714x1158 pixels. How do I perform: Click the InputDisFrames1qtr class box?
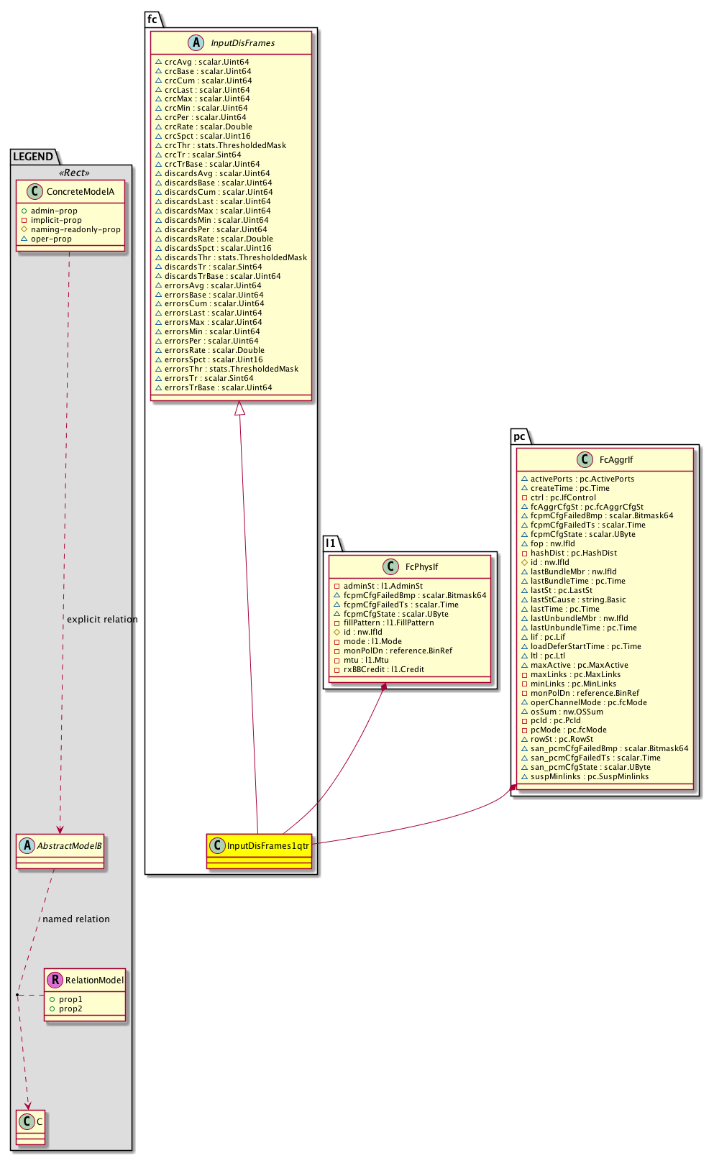coord(259,846)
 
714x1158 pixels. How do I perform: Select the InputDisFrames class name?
coord(242,43)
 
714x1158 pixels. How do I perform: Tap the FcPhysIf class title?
coord(421,567)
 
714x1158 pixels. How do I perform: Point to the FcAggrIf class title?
coord(616,460)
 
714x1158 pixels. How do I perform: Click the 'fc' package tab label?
coord(152,19)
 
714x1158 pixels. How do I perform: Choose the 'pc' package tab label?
coord(519,436)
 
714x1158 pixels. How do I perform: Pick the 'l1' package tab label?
coord(331,543)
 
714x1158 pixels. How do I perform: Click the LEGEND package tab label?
coord(33,157)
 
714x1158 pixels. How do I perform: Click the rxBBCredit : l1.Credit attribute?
coord(383,670)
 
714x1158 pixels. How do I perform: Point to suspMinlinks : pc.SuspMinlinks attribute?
coord(589,776)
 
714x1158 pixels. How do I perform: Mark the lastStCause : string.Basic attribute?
coord(577,600)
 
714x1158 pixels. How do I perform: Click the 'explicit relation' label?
coord(102,620)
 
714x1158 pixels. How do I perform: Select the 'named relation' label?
coord(76,919)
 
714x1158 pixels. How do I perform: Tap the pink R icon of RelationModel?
coord(54,980)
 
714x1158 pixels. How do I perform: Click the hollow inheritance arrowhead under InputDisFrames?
coord(240,408)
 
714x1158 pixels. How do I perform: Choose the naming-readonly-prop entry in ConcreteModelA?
coord(75,230)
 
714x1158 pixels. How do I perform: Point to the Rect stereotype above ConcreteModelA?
coord(74,173)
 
